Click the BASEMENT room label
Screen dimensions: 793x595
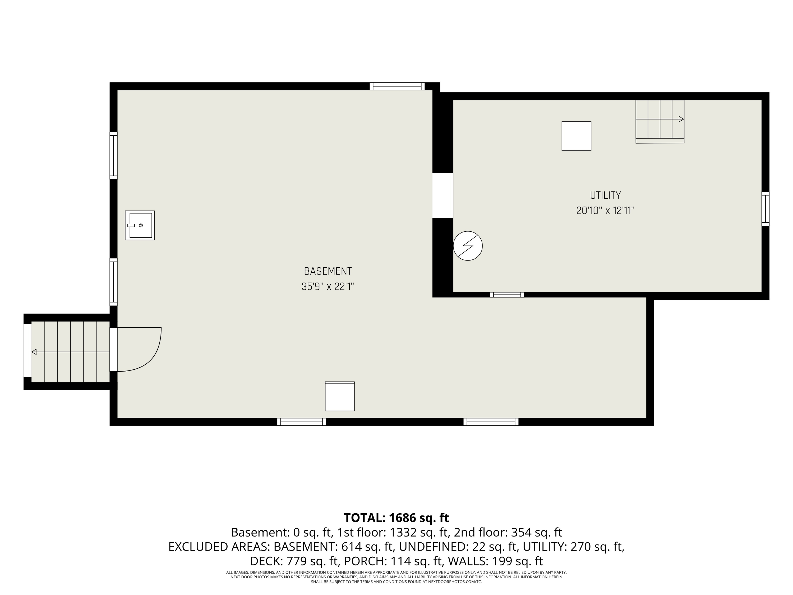point(328,271)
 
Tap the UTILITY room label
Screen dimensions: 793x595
point(605,195)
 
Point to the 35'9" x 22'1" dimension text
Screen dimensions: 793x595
point(328,287)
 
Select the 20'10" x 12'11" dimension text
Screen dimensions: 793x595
point(605,210)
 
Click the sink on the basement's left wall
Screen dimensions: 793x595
point(140,225)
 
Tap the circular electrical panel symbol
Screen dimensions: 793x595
point(468,246)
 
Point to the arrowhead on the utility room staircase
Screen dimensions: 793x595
point(681,119)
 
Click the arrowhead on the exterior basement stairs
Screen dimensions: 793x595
point(34,352)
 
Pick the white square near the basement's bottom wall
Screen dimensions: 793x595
point(339,396)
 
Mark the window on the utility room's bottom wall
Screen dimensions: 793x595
point(507,295)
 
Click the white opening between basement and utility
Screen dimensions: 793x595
point(443,195)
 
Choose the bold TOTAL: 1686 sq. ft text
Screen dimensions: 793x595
point(396,518)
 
